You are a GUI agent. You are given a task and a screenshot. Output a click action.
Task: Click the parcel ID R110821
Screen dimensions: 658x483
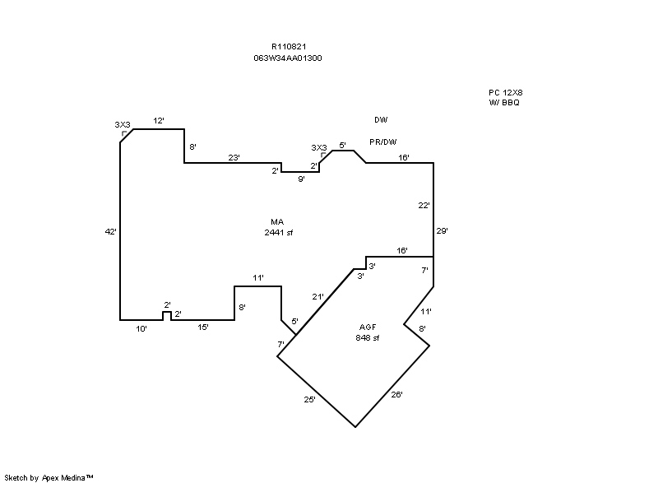pyautogui.click(x=289, y=47)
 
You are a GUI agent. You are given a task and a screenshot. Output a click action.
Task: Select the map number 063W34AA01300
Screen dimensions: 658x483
pyautogui.click(x=288, y=58)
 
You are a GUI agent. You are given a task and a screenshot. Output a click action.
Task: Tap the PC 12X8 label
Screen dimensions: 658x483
pyautogui.click(x=506, y=93)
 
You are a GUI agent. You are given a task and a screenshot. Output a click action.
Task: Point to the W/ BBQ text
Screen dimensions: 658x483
pyautogui.click(x=504, y=103)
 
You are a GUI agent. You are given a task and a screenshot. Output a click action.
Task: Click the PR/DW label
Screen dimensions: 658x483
pyautogui.click(x=383, y=142)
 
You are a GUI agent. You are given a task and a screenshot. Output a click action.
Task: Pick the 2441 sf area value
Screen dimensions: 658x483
pyautogui.click(x=279, y=233)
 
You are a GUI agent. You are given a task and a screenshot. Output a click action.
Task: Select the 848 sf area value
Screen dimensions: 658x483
pyautogui.click(x=368, y=338)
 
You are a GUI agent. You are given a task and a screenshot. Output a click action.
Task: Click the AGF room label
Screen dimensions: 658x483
pyautogui.click(x=368, y=327)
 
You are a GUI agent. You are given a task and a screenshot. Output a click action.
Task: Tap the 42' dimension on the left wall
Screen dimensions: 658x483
pyautogui.click(x=111, y=232)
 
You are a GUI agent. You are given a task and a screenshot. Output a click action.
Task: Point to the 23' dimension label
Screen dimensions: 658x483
pyautogui.click(x=234, y=158)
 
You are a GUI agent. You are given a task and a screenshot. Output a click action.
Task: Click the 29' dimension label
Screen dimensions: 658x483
pyautogui.click(x=443, y=230)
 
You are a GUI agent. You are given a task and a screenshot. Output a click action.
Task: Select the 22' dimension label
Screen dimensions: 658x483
pyautogui.click(x=424, y=206)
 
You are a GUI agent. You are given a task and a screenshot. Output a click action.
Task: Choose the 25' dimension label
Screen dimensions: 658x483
pyautogui.click(x=310, y=400)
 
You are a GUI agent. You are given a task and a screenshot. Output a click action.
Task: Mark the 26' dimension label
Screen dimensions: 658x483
pyautogui.click(x=397, y=394)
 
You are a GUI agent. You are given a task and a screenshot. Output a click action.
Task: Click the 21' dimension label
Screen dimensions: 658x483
pyautogui.click(x=318, y=297)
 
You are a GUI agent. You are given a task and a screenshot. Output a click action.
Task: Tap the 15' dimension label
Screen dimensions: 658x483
pyautogui.click(x=203, y=327)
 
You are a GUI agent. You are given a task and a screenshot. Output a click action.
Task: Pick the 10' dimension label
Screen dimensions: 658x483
pyautogui.click(x=141, y=329)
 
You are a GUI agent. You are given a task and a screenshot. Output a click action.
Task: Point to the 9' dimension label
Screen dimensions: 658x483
pyautogui.click(x=301, y=179)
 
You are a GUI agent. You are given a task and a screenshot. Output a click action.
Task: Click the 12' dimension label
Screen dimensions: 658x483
pyautogui.click(x=159, y=121)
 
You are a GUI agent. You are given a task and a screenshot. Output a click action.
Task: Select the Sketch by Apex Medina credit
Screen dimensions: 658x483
pyautogui.click(x=49, y=477)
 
